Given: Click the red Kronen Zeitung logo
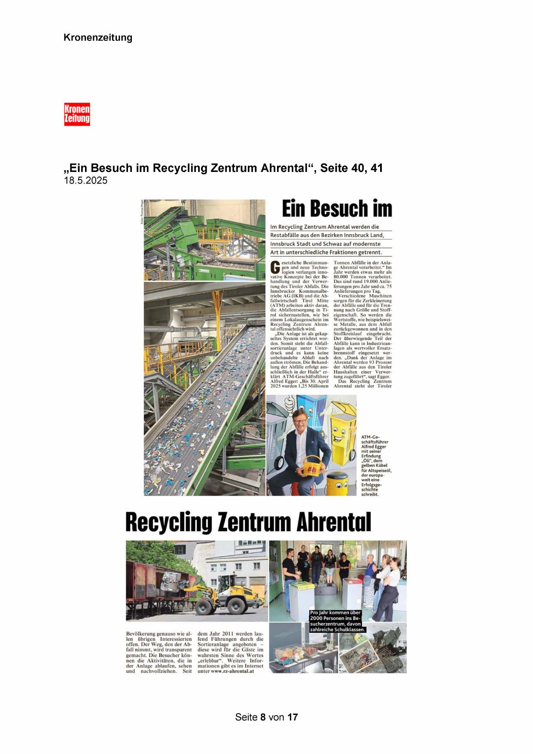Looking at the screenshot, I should tap(77, 114).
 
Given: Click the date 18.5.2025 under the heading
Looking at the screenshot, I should tap(85, 181).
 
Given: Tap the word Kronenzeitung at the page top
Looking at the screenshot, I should tap(98, 37).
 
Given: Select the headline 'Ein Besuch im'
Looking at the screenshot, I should tap(337, 209).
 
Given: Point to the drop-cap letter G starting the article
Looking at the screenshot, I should tap(275, 267).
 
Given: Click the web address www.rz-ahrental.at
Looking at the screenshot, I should tap(229, 671).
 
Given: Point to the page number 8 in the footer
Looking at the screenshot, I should tap(263, 717).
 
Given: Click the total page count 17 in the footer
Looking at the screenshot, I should tap(292, 717).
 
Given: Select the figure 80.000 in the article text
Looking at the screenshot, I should tap(342, 277).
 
